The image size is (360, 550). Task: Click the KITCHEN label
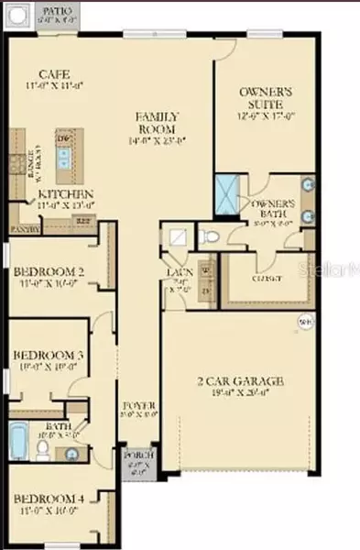(65, 194)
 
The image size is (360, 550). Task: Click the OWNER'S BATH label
(273, 203)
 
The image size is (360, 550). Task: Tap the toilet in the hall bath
(42, 448)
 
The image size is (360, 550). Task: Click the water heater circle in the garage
(304, 320)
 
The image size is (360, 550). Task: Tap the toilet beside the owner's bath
(210, 237)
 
